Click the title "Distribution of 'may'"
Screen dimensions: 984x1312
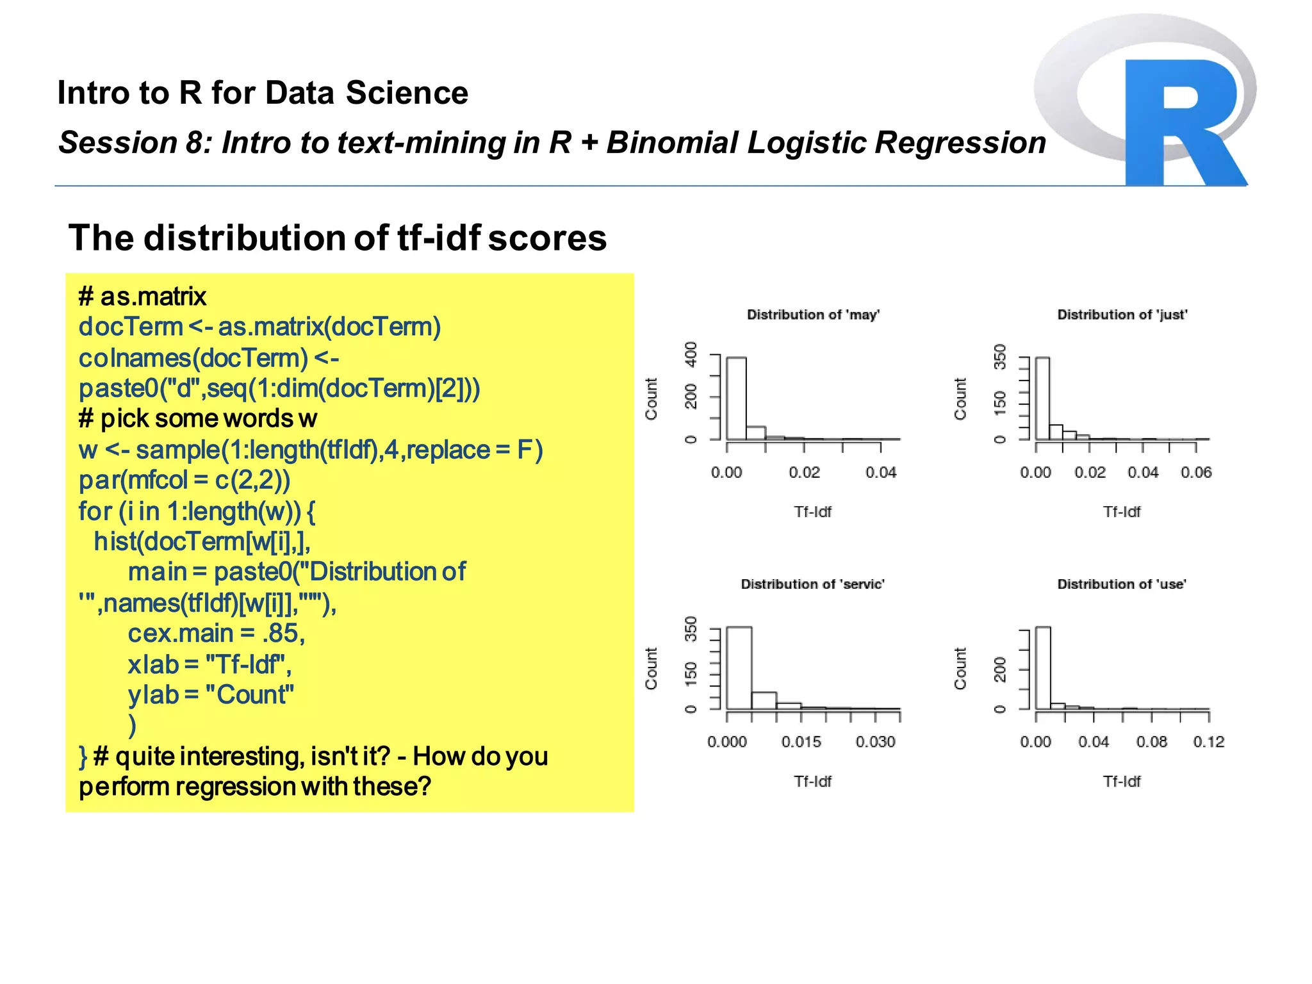[813, 315]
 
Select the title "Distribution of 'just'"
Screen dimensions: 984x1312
[1122, 315]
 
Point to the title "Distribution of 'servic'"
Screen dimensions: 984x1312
[812, 584]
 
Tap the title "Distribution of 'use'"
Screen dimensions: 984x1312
[1121, 584]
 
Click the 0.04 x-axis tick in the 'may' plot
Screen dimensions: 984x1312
[881, 473]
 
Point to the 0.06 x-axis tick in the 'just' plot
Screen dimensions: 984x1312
[1196, 473]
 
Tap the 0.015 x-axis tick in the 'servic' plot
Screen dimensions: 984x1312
[801, 742]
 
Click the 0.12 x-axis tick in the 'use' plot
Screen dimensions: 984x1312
[1208, 742]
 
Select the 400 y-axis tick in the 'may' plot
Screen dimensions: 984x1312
[691, 354]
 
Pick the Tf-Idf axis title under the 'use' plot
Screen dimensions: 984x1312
[1122, 782]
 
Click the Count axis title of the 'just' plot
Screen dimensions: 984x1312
[960, 398]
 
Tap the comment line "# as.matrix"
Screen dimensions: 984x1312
[142, 297]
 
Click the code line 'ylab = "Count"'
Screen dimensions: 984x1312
[211, 695]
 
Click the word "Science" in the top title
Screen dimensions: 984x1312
[407, 93]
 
